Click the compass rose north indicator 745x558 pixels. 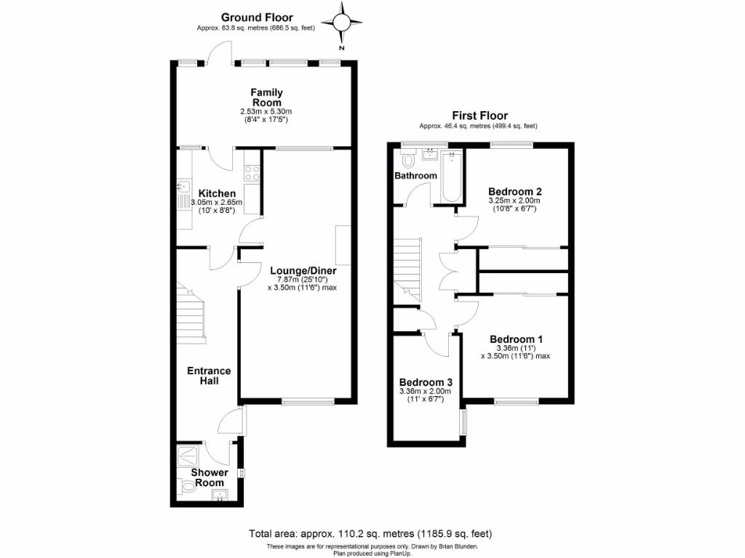click(x=341, y=23)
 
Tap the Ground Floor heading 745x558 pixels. click(x=257, y=17)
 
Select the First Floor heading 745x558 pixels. click(x=480, y=116)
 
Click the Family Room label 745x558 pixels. click(x=266, y=97)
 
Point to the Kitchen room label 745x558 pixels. click(x=217, y=193)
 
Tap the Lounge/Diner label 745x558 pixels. click(x=303, y=270)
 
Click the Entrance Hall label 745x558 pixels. click(x=209, y=376)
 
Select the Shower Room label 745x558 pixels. click(x=210, y=477)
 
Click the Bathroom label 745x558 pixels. click(x=415, y=176)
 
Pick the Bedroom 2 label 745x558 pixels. click(x=515, y=192)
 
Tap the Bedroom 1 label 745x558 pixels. click(x=516, y=339)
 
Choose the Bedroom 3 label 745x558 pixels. click(x=426, y=382)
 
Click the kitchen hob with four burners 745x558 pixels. click(x=252, y=173)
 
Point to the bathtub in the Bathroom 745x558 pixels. click(x=451, y=177)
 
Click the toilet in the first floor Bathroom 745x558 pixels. click(x=407, y=158)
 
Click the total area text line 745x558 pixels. click(x=370, y=534)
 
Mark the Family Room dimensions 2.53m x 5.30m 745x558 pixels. click(x=266, y=111)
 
